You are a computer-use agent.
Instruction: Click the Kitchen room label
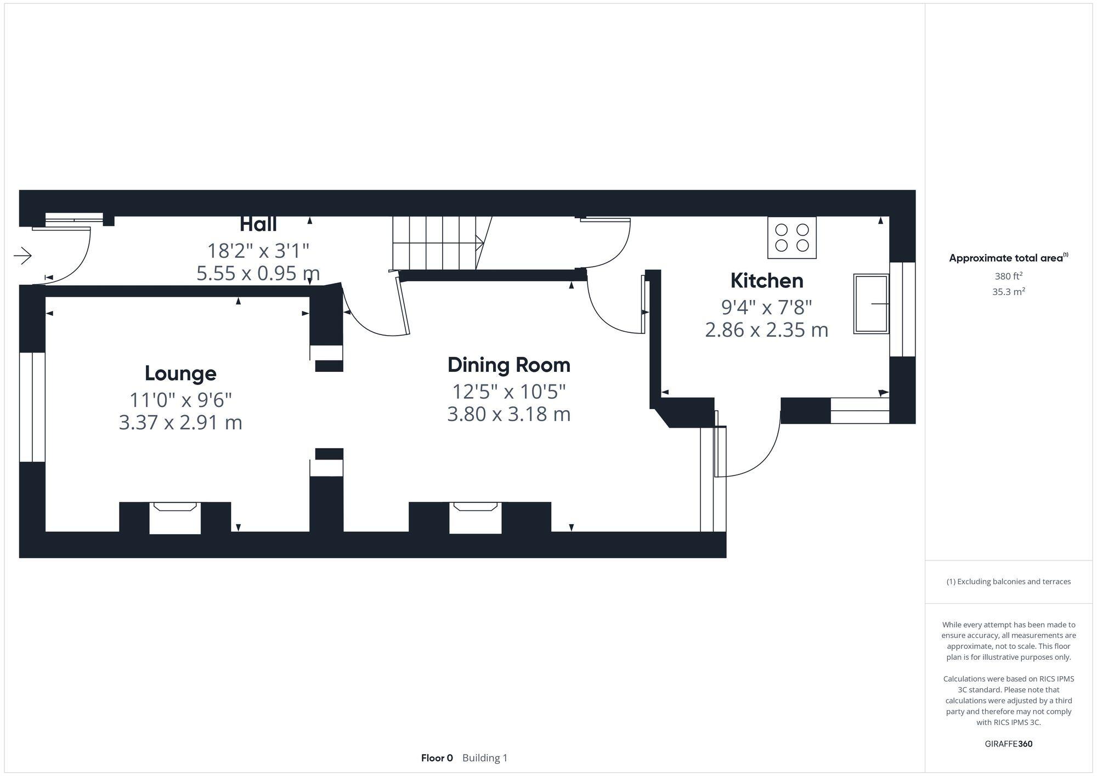[766, 281]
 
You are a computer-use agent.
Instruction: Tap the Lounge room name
[180, 373]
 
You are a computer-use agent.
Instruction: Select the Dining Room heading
[508, 365]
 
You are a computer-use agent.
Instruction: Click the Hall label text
[258, 224]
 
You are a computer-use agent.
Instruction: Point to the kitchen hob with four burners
[791, 237]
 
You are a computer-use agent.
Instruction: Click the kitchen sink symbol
[870, 304]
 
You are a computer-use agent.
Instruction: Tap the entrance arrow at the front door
[23, 256]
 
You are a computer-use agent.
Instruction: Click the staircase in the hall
[436, 242]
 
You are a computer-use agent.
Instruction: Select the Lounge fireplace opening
[175, 518]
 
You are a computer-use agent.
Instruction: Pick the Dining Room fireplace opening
[475, 518]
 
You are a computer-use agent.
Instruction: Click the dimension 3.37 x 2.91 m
[180, 423]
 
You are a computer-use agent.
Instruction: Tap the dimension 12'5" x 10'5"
[508, 392]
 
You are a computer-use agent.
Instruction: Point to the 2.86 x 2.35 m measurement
[766, 330]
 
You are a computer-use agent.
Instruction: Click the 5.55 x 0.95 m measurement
[258, 273]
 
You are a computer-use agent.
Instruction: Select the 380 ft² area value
[1008, 276]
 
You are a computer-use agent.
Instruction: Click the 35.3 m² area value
[1008, 292]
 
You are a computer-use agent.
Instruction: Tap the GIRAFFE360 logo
[1008, 744]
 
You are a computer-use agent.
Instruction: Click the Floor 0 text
[437, 758]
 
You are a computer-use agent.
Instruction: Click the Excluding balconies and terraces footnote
[1008, 582]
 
